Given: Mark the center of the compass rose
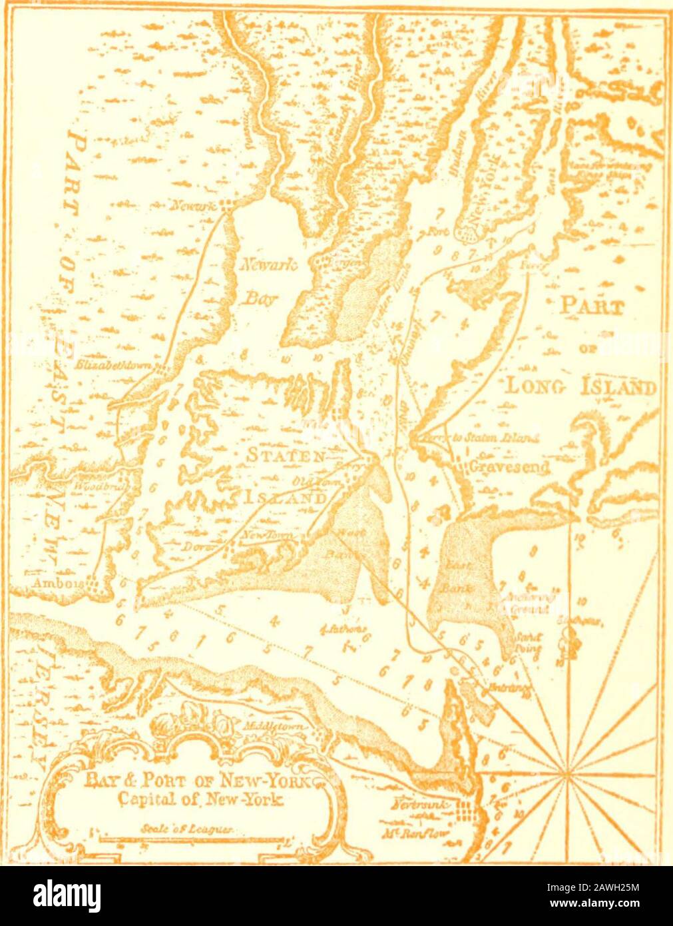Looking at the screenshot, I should pyautogui.click(x=567, y=773).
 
